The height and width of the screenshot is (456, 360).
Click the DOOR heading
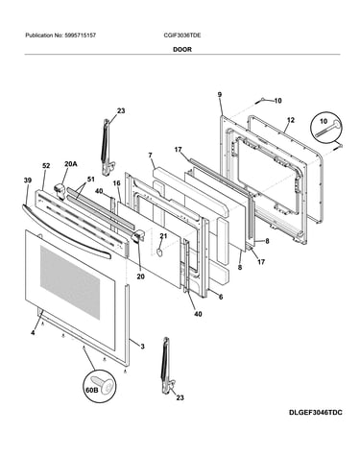pos(182,50)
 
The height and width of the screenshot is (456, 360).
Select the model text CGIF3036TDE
pos(182,36)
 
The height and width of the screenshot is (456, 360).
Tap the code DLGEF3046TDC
pos(316,413)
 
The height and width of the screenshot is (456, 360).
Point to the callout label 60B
pos(91,390)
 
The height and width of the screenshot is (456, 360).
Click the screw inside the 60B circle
pos(103,384)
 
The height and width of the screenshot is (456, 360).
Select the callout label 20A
pos(70,164)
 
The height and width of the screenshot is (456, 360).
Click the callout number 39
pos(28,180)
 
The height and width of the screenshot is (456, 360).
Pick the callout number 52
pos(46,166)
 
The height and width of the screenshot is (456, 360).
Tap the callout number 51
pos(91,180)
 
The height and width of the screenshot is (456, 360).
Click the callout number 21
pos(163,236)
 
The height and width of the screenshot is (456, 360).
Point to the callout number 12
pos(291,120)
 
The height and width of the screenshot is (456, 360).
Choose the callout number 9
pos(220,94)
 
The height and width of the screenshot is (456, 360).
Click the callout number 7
pos(150,156)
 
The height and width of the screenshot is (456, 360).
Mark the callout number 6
pos(221,297)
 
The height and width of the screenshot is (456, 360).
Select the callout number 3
pos(142,347)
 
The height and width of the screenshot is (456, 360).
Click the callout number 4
pos(33,333)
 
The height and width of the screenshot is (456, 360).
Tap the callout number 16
pos(116,183)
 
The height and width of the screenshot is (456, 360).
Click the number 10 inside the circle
pos(324,122)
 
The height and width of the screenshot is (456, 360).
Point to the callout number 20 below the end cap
pos(140,276)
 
